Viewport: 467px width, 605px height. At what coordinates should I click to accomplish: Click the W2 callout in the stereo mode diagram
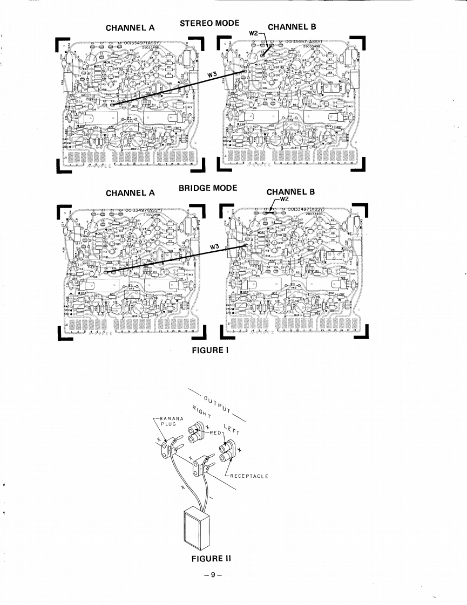click(254, 34)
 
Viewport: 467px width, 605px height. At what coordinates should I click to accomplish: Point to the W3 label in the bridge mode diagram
click(215, 246)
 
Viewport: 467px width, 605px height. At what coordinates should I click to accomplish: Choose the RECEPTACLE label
click(249, 476)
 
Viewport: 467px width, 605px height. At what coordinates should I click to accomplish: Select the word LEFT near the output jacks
click(232, 428)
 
